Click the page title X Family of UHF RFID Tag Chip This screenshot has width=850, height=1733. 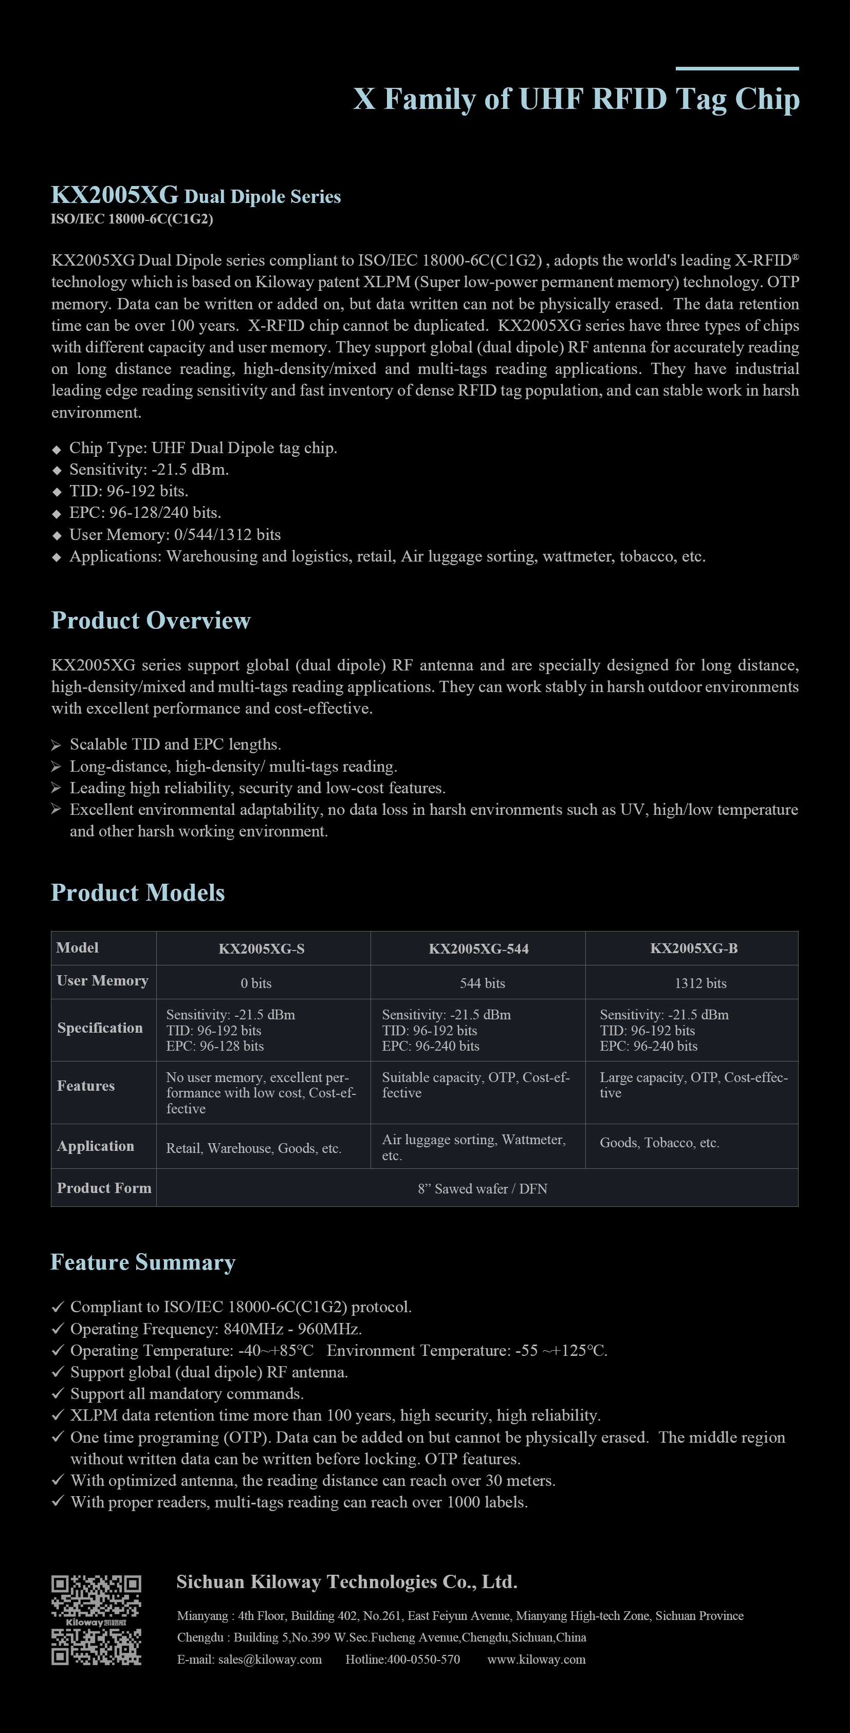(576, 100)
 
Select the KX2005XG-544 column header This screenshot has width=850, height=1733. (478, 948)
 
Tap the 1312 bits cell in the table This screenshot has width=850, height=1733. (700, 983)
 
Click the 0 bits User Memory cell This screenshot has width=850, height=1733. (256, 983)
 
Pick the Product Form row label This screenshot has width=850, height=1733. (104, 1188)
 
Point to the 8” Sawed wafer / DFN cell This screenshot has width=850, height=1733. (482, 1189)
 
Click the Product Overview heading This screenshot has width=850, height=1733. (151, 620)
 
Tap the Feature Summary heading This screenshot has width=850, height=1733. (143, 1262)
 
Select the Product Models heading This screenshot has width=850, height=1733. (138, 893)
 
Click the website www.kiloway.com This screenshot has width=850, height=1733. (537, 1659)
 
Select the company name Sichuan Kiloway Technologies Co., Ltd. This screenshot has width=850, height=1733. (346, 1581)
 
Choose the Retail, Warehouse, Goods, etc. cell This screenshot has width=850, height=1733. (254, 1148)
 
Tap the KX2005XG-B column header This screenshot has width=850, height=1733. (693, 948)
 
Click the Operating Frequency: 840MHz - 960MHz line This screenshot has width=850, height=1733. (216, 1329)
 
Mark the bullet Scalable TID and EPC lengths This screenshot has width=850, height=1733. (175, 744)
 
